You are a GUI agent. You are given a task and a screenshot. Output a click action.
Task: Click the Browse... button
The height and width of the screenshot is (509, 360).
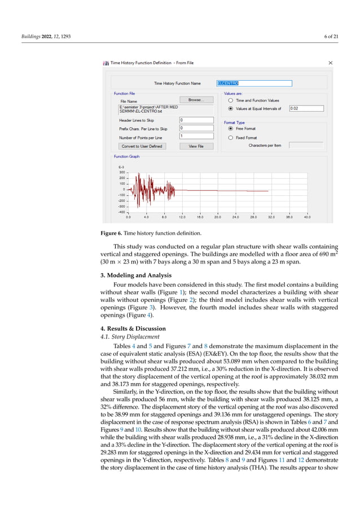click(196, 100)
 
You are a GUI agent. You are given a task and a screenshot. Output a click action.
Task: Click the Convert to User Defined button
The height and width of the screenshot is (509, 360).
click(142, 146)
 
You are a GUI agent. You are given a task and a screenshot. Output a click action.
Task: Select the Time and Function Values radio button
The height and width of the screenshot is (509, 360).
click(230, 100)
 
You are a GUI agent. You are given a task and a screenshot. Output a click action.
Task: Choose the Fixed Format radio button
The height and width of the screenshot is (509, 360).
click(230, 137)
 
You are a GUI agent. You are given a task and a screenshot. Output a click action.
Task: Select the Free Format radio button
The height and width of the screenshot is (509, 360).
click(230, 129)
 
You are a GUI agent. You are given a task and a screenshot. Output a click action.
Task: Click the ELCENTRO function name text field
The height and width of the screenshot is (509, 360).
click(254, 83)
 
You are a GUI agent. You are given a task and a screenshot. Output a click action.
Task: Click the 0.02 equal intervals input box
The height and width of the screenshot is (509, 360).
click(306, 108)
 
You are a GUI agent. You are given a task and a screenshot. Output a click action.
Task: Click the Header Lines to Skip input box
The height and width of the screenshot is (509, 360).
click(196, 120)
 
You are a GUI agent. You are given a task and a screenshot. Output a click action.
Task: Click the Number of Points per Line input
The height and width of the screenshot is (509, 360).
click(196, 136)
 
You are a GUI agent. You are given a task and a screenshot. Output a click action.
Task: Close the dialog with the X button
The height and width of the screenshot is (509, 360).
click(330, 63)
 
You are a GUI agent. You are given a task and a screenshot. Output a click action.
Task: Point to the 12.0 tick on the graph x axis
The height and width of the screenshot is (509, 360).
click(182, 217)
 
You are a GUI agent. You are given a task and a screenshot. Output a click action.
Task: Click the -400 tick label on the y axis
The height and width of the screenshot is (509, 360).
click(121, 212)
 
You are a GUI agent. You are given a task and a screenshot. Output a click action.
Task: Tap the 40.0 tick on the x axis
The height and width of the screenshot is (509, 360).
click(307, 217)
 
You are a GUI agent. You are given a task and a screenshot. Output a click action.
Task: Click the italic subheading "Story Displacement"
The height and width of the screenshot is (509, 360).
click(125, 337)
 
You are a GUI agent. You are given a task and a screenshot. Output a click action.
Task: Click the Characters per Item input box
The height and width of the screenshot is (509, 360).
click(306, 145)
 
